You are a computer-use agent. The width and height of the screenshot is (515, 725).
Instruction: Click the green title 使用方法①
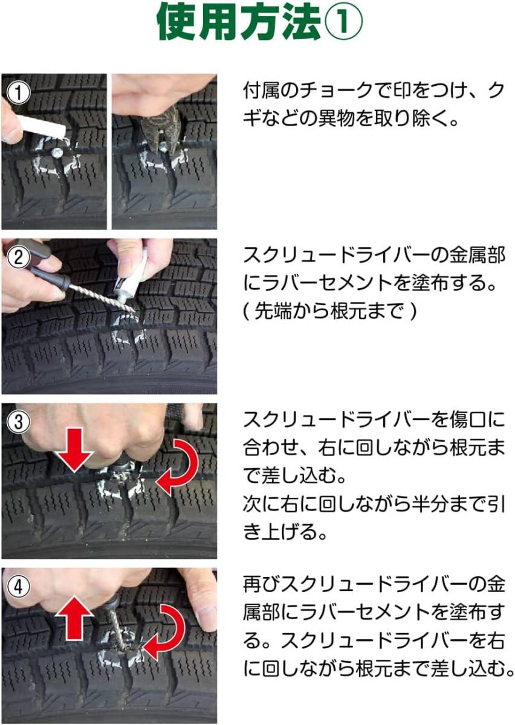[260, 24]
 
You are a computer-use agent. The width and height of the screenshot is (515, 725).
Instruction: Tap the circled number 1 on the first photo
[18, 93]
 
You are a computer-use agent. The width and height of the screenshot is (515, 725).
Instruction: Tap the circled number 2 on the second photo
[18, 257]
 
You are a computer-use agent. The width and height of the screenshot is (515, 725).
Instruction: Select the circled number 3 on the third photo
[18, 422]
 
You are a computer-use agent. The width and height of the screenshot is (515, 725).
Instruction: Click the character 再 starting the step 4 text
[252, 585]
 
